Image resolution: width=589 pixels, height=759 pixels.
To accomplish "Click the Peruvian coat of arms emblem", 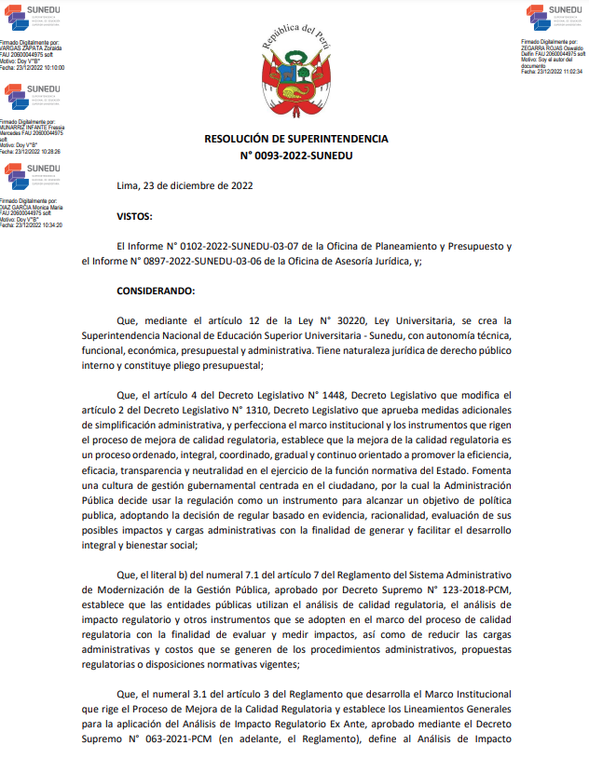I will (295, 70).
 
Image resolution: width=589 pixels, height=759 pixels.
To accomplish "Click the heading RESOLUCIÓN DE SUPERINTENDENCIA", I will (295, 139).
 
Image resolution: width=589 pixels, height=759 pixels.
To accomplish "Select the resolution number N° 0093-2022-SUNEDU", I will (295, 156).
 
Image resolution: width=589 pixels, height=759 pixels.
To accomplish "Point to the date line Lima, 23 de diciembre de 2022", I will (185, 184).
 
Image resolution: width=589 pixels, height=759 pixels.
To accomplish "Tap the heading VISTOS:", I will (136, 216).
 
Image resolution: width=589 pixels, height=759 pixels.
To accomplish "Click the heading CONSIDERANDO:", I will (156, 291).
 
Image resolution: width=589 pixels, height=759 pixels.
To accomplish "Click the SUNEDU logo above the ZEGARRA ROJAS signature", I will (554, 17).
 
